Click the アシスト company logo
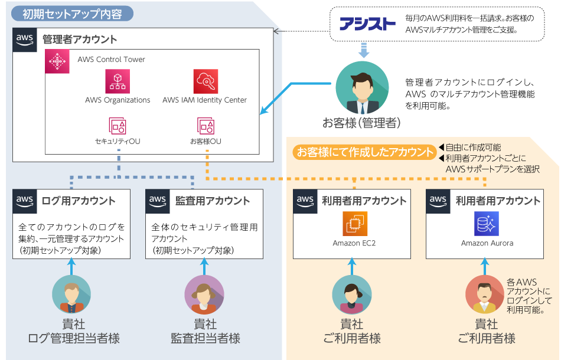[x=367, y=24]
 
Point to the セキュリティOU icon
[x=118, y=126]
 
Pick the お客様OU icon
[x=206, y=126]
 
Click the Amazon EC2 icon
[x=354, y=224]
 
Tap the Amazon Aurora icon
[x=487, y=224]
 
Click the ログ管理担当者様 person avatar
[x=71, y=294]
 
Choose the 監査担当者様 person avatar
[x=204, y=294]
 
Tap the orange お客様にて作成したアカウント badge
[x=364, y=152]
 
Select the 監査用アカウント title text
[x=213, y=201]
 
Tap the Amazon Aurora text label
[x=487, y=243]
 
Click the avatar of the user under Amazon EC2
[x=351, y=294]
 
